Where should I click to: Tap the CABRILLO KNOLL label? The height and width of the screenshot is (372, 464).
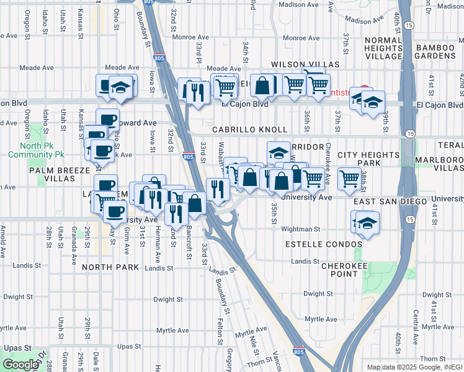[250, 130]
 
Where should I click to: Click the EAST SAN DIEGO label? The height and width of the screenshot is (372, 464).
[391, 202]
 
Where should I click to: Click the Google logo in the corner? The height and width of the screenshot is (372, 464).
[20, 365]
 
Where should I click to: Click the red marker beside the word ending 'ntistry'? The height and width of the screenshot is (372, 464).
[365, 89]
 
